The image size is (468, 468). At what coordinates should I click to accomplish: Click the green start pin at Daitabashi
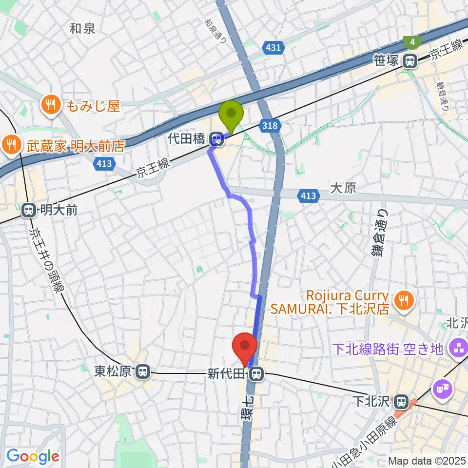[232, 115]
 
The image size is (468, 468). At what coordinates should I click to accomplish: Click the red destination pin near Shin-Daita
[245, 348]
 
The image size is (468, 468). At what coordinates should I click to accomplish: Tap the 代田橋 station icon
[216, 140]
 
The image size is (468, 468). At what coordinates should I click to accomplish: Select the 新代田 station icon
[255, 374]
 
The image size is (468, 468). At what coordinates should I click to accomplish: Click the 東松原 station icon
[143, 372]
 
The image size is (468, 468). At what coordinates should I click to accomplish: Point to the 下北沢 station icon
[401, 401]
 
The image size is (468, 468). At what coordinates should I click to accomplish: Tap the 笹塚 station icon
[410, 61]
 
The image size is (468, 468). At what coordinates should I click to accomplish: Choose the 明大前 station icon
[29, 211]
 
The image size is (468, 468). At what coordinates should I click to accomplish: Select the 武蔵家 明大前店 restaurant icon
[10, 145]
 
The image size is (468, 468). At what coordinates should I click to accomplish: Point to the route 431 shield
[273, 47]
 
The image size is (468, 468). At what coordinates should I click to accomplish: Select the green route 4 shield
[413, 43]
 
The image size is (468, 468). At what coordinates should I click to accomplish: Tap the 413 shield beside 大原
[308, 196]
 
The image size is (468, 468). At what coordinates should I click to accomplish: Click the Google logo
[33, 456]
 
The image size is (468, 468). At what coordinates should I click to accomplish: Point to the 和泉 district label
[82, 29]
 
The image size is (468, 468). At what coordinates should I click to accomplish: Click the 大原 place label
[343, 188]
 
